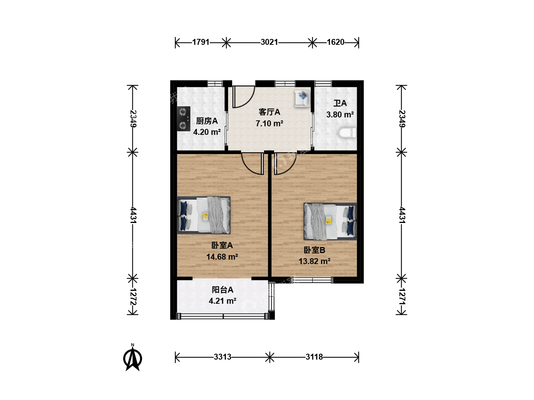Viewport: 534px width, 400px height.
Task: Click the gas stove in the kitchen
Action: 184,119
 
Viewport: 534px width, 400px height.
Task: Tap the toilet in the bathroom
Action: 347,133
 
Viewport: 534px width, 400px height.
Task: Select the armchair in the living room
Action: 302,99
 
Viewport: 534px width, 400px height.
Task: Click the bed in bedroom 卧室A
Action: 204,215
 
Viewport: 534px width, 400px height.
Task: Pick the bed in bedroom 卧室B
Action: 330,221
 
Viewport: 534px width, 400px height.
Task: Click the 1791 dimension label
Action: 201,42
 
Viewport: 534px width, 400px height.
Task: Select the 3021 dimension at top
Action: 269,42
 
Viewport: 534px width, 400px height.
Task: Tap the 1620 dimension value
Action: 336,42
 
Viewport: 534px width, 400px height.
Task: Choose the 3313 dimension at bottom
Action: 222,357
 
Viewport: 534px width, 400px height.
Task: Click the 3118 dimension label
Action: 314,357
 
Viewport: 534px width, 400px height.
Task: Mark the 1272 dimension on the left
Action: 133,297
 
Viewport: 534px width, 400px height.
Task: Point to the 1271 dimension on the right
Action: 402,297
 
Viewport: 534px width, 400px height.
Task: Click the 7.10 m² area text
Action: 269,123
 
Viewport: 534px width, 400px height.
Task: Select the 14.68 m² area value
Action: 222,257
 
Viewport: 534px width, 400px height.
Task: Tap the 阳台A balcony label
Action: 222,290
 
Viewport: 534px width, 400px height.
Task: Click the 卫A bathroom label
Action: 340,103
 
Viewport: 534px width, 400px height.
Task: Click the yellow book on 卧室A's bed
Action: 205,216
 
